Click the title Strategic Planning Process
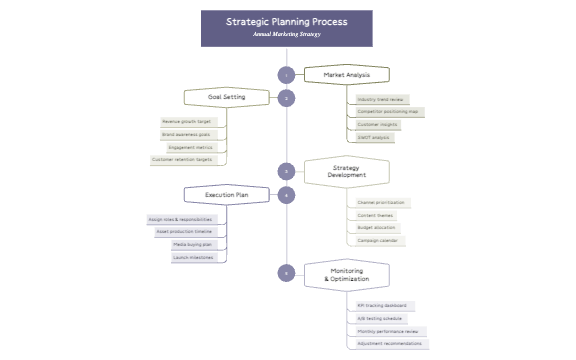[286, 20]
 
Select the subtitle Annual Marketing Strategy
[286, 34]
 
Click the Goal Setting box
[227, 97]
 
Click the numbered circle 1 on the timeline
[287, 75]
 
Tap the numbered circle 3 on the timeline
[287, 171]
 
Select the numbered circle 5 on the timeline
[287, 272]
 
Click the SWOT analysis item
[376, 137]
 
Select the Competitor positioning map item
[388, 112]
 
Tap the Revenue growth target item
[187, 121]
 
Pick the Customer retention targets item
[182, 159]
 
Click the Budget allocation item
[378, 228]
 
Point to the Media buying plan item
[193, 244]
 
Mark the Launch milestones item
[193, 257]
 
